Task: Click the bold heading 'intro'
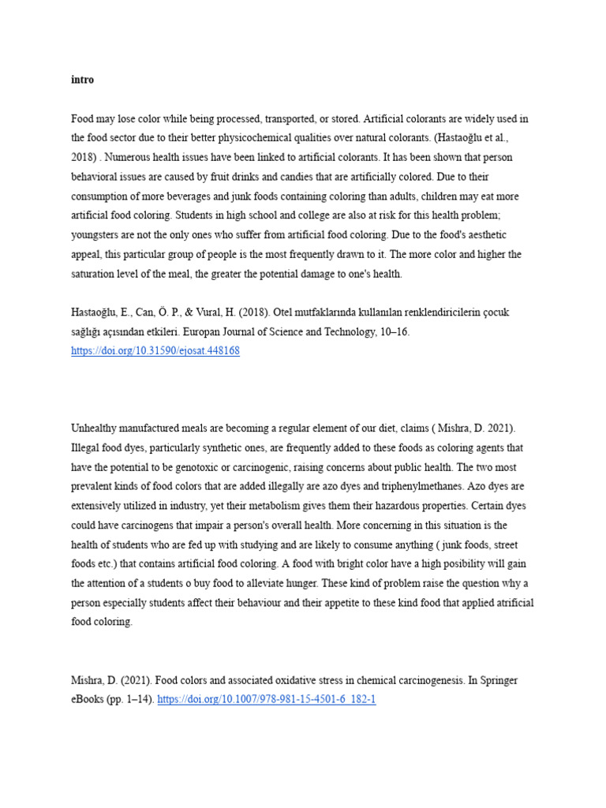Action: (82, 80)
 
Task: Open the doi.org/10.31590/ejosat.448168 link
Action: (155, 351)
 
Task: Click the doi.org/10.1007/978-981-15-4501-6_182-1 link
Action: (267, 699)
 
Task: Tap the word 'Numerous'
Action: (125, 157)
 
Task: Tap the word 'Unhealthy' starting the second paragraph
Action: (95, 428)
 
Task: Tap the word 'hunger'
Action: (332, 583)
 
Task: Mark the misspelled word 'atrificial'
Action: (511, 603)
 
